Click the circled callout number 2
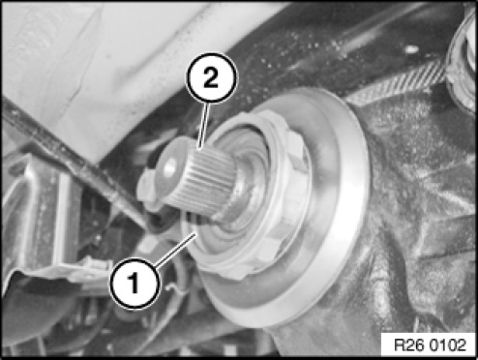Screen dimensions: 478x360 point(211,78)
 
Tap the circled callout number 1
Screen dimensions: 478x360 point(134,284)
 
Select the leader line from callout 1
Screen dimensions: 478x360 point(176,251)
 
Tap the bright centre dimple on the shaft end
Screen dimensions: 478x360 point(170,165)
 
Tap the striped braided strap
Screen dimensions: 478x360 point(400,84)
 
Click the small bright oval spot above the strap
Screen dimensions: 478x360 point(410,49)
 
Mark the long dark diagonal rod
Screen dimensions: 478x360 point(75,162)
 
